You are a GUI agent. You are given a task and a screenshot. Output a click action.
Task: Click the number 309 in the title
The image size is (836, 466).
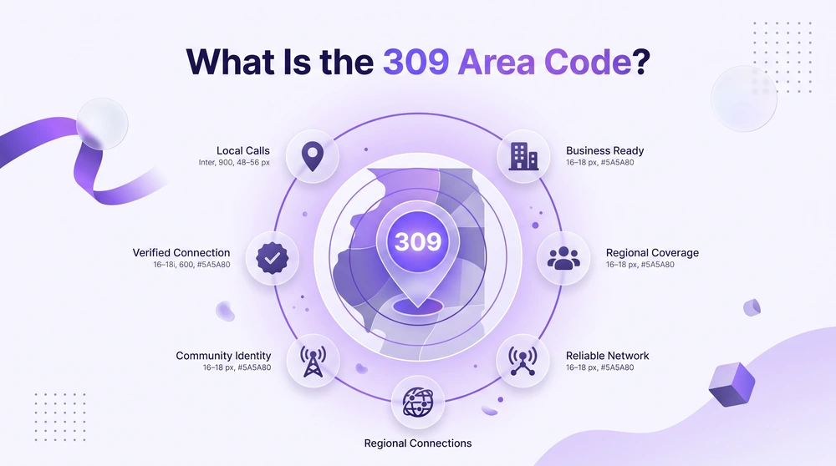415,62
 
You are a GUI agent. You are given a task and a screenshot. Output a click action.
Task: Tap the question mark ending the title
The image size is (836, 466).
641,62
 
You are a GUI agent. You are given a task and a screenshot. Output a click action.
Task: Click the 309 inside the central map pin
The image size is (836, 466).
418,242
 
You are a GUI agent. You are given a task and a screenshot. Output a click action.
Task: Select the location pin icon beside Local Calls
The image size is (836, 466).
313,156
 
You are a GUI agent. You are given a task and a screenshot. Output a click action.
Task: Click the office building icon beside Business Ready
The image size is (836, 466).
523,156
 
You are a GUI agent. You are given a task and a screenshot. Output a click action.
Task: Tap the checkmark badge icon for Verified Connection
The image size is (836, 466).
273,258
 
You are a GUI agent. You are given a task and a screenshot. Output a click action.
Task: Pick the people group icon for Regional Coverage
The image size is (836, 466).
563,258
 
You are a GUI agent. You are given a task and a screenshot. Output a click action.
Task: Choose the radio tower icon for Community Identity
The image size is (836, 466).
313,362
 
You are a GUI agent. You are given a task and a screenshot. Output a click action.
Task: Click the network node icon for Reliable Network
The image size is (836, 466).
522,361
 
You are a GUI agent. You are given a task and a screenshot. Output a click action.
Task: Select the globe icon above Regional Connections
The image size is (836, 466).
418,403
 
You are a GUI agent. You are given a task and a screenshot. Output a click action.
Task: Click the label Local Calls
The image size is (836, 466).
243,150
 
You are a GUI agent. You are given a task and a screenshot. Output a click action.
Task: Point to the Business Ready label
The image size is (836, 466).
604,150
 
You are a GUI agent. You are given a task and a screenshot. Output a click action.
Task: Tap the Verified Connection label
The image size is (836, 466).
181,252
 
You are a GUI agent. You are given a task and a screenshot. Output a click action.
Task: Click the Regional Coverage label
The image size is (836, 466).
652,253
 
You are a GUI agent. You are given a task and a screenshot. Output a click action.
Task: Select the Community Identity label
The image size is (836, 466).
223,356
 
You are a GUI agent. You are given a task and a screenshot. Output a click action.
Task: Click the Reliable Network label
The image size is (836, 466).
607,355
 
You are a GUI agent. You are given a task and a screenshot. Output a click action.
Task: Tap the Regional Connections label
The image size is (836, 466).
418,443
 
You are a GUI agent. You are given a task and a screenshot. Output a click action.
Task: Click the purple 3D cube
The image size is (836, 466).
731,384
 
